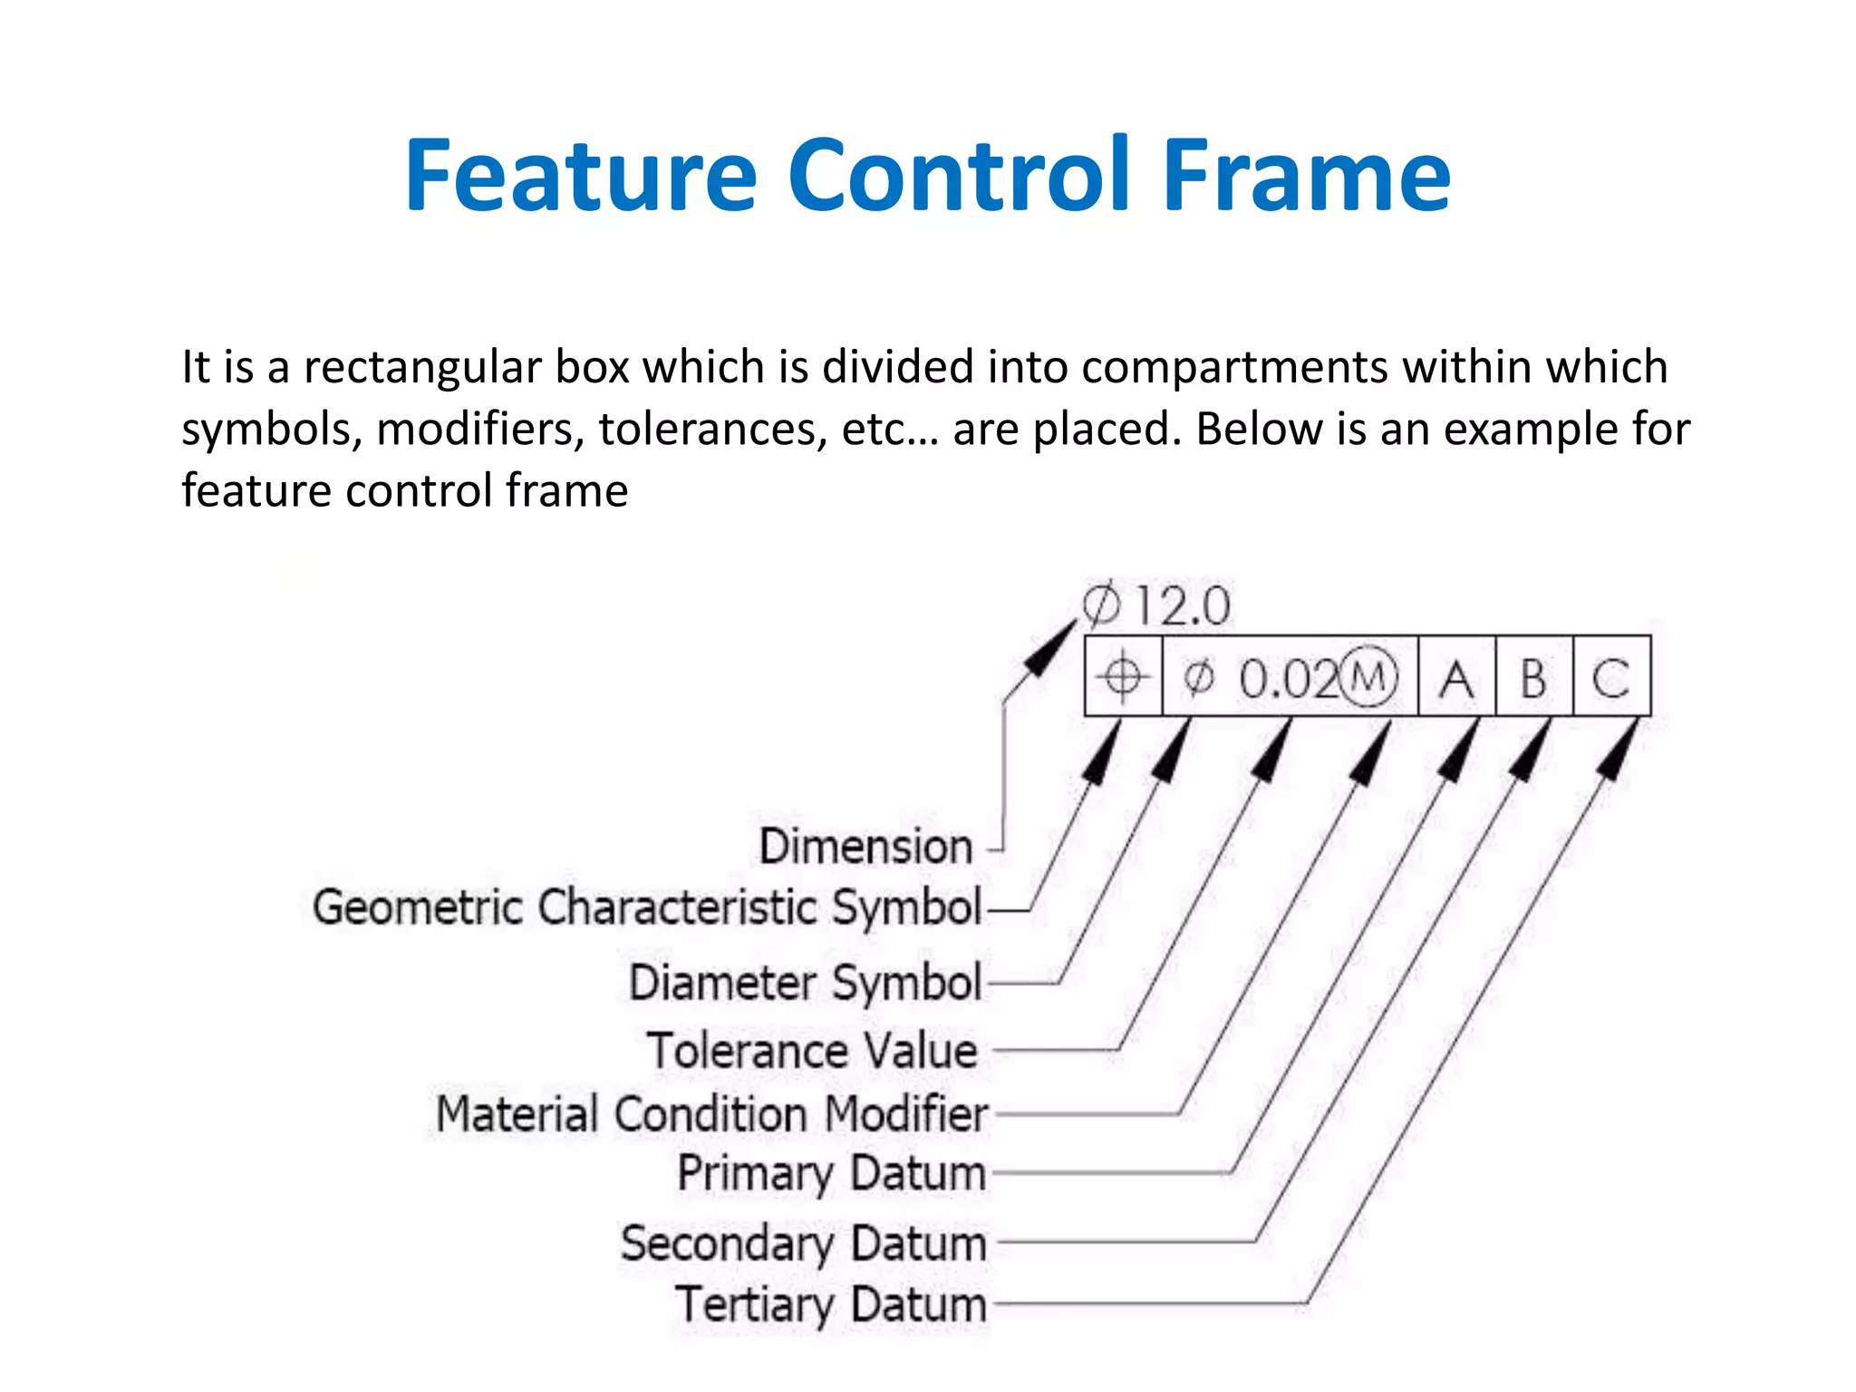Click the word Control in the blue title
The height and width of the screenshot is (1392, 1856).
[x=960, y=176]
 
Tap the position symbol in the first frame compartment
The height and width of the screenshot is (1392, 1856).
[x=1123, y=677]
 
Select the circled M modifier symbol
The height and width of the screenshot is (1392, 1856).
[x=1369, y=676]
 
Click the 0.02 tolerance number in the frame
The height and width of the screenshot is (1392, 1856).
[x=1288, y=679]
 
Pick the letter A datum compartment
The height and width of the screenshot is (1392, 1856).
[x=1456, y=678]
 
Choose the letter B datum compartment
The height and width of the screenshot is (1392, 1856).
[x=1533, y=678]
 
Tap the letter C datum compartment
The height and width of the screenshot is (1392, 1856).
[x=1611, y=678]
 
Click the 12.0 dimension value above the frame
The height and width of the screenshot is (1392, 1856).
[x=1183, y=606]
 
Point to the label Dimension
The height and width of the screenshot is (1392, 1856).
[x=865, y=846]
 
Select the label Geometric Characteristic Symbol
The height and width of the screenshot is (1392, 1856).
[x=647, y=907]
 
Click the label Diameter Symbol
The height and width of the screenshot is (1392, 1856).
[x=806, y=982]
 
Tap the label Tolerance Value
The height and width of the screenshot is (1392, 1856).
[x=813, y=1051]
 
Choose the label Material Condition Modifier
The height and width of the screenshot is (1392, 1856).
[x=711, y=1114]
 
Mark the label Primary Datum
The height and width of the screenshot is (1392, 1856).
[x=831, y=1174]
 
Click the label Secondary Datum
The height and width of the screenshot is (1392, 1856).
[x=803, y=1242]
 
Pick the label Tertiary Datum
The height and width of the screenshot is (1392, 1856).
[x=830, y=1305]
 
